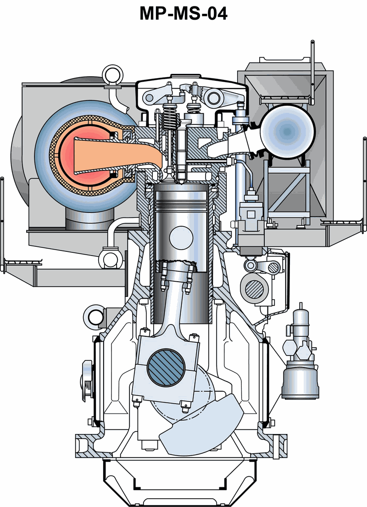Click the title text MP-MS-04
[183, 14]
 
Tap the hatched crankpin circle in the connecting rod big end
[166, 368]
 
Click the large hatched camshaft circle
[255, 289]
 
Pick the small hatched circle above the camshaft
[274, 267]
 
